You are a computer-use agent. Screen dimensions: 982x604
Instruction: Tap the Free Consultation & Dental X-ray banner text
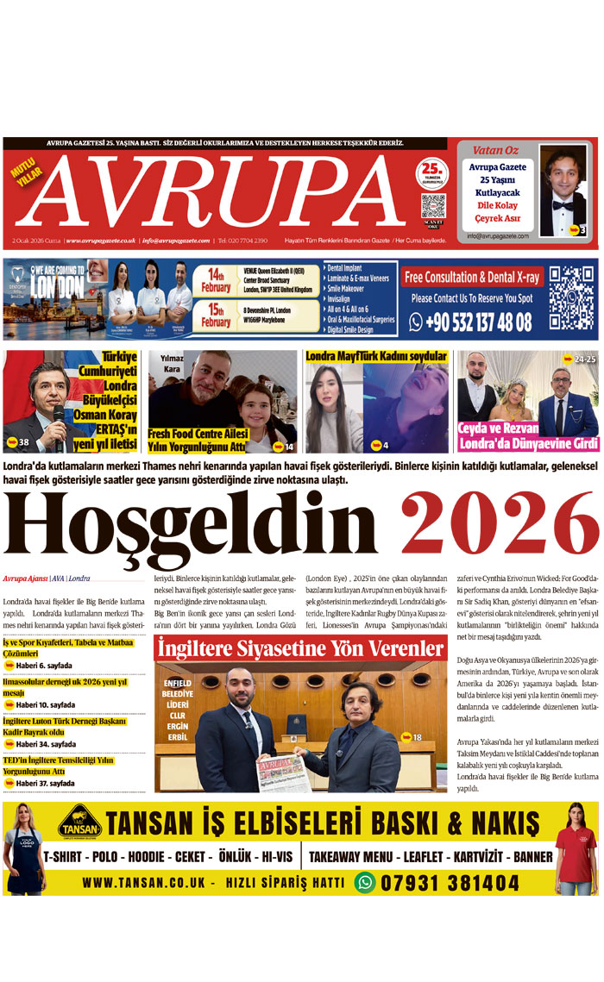point(471,278)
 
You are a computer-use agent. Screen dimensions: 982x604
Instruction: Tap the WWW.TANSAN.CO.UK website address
point(143,883)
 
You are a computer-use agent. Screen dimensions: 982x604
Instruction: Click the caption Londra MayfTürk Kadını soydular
point(376,356)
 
